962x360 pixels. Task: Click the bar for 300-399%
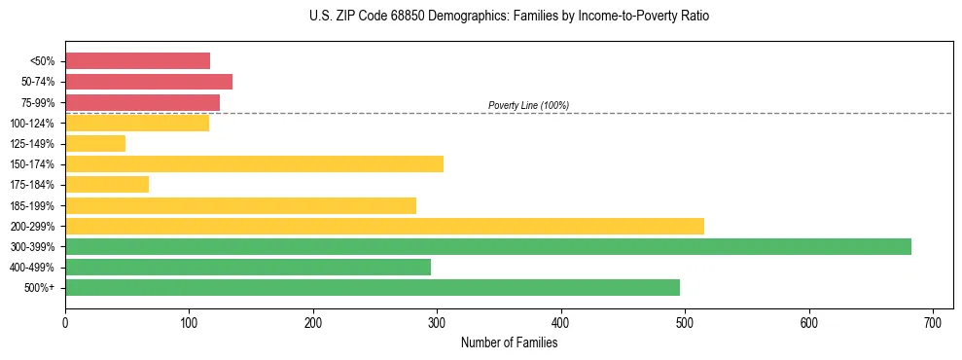(487, 246)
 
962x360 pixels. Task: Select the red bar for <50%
(137, 60)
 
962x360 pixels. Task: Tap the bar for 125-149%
(95, 143)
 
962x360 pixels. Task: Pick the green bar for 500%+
(372, 287)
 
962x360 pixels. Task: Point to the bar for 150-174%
(254, 163)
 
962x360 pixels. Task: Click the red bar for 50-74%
(149, 82)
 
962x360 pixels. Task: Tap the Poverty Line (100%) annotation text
(528, 105)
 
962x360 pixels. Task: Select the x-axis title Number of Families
(509, 342)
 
